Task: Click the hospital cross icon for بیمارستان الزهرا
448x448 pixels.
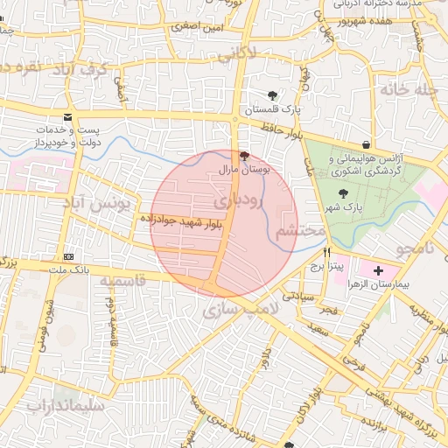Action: [378, 273]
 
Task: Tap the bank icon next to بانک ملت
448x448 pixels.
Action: [69, 256]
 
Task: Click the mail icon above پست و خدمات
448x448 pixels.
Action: [67, 118]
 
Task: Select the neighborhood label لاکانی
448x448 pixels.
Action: [236, 54]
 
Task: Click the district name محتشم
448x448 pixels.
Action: [300, 232]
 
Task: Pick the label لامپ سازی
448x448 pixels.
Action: [240, 310]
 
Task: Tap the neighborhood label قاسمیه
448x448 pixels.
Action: [122, 282]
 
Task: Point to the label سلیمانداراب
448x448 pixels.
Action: [66, 406]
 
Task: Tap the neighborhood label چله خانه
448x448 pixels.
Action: [407, 89]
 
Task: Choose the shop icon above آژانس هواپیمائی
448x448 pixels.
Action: [365, 145]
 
